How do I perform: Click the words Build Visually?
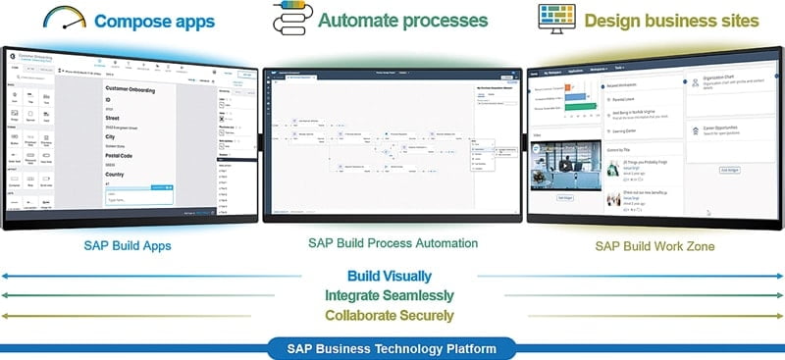[391, 277]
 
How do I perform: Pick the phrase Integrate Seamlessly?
[391, 295]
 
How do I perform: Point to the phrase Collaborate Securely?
[391, 315]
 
